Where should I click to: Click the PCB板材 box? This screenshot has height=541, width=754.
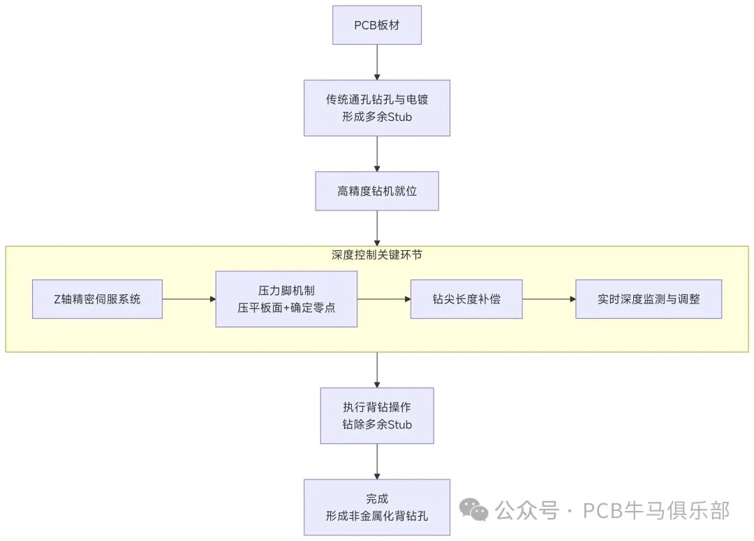377,26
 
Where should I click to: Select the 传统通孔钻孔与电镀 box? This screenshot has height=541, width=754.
377,108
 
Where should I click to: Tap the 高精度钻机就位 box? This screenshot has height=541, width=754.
377,191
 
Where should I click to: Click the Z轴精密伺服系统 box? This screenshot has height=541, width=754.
97,299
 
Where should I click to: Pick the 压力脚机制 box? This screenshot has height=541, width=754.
286,299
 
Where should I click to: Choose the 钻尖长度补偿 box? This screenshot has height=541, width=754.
466,299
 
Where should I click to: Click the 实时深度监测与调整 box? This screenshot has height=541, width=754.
649,299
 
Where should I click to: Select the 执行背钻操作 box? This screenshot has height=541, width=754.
377,415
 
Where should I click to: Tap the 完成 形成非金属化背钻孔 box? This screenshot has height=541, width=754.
377,507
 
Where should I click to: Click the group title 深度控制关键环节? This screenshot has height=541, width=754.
377,255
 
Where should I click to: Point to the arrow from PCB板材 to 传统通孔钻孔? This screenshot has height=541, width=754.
377,62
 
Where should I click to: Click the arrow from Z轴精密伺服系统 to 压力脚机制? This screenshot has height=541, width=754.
189,299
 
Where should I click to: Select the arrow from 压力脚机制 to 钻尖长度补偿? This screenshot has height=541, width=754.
384,299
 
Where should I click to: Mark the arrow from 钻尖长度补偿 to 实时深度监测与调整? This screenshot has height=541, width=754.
549,299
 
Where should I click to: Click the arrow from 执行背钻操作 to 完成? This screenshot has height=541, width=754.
377,461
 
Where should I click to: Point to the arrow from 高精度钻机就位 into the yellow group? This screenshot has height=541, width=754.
377,228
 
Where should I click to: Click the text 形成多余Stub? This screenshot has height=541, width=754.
377,117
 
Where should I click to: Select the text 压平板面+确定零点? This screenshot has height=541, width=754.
286,308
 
